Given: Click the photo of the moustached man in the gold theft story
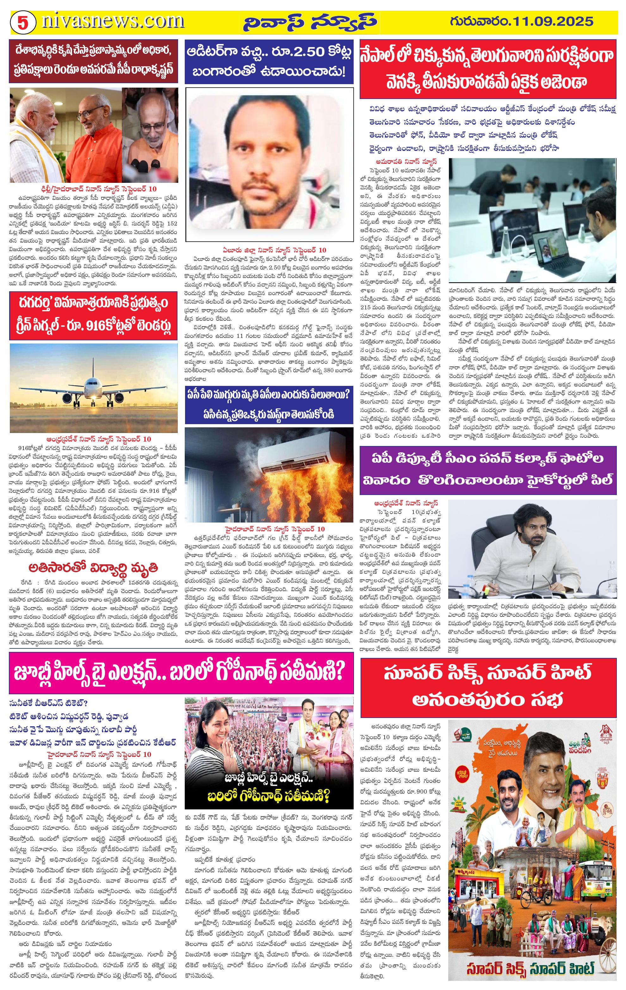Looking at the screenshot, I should pos(269,164).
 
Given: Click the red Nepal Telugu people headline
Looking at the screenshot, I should pos(488,69).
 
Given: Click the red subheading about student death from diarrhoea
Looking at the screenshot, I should pos(93,568).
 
